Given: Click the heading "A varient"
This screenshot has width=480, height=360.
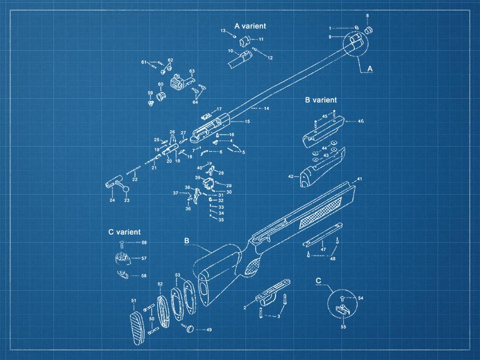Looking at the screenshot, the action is (x=250, y=26).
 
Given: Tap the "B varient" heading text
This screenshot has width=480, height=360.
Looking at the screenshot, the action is (x=321, y=100).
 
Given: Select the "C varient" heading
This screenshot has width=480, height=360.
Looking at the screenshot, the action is (x=124, y=232).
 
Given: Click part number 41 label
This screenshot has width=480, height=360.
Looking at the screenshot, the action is (x=359, y=179).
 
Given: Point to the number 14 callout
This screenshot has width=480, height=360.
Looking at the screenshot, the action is (x=266, y=108).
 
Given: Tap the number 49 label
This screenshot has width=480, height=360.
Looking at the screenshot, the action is (x=209, y=330).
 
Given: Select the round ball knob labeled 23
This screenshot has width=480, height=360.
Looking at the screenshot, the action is (x=126, y=189).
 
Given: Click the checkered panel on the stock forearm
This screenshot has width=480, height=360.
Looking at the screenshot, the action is (x=321, y=213).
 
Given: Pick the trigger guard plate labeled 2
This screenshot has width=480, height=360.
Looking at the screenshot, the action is (x=272, y=292).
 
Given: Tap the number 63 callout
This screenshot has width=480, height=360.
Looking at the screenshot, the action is (x=192, y=72).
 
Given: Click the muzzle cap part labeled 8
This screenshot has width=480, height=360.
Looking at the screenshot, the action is (x=369, y=30).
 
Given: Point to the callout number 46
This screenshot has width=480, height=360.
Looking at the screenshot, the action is (x=361, y=121).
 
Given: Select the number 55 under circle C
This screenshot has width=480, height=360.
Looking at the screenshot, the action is (x=343, y=327).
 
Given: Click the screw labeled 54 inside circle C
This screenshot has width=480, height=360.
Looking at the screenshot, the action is (x=343, y=298).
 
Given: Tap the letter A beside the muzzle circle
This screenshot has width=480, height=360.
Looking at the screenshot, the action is (x=370, y=68).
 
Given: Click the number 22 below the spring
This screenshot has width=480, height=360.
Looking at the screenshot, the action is (x=135, y=179).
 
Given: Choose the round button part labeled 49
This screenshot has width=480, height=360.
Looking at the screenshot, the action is (x=190, y=329).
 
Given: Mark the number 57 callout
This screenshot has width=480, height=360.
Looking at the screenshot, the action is (x=144, y=258).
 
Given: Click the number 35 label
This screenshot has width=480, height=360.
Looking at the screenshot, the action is (x=221, y=220).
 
